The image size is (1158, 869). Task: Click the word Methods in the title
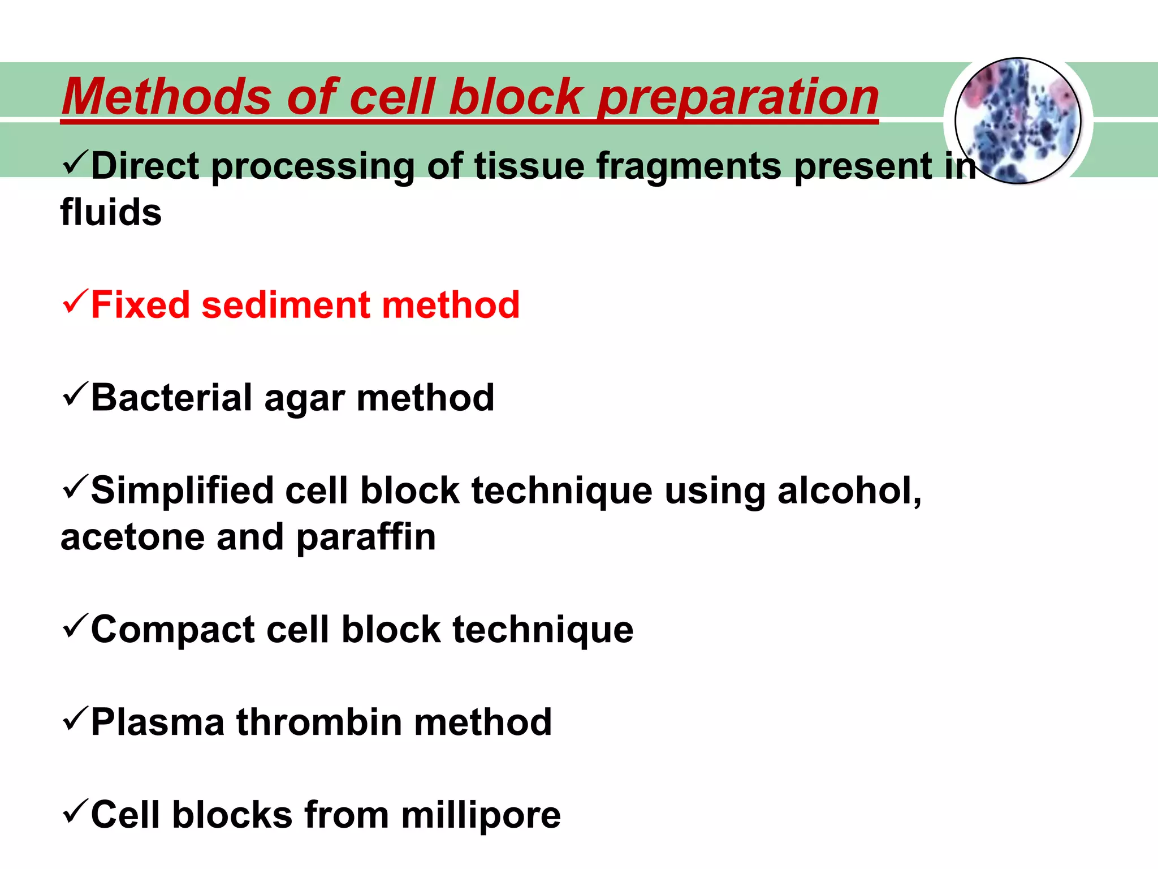point(167,96)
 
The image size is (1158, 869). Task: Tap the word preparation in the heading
point(737,97)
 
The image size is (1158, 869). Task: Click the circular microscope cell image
point(1018,121)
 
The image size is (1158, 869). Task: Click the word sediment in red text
point(285,306)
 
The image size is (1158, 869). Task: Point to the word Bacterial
point(171,398)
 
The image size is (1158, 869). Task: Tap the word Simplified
point(181,491)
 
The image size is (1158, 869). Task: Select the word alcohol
point(848,490)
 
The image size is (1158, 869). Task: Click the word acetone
point(132,537)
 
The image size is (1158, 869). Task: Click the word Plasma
point(157,723)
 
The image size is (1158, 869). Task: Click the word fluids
point(111,213)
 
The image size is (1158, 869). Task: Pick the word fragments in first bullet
point(689,167)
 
